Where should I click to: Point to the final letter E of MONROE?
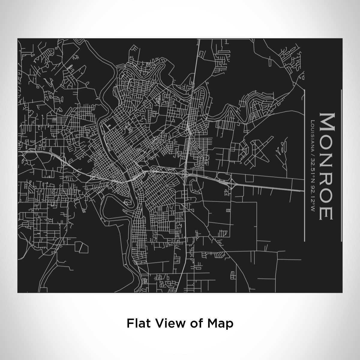(326, 213)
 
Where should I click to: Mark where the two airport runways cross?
(259, 151)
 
